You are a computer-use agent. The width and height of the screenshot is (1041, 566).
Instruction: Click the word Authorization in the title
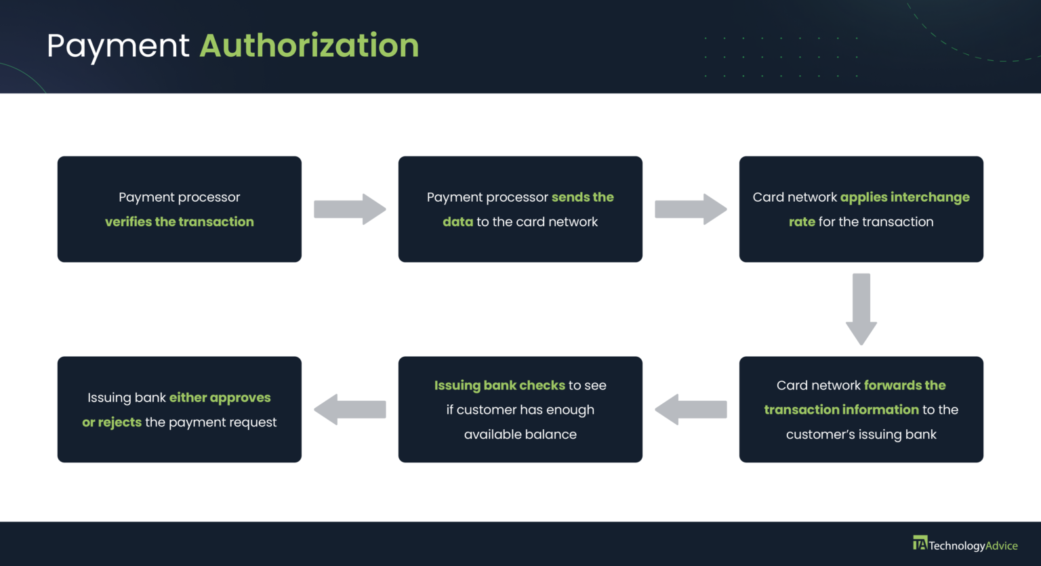coord(309,46)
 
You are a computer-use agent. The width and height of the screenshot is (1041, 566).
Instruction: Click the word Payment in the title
coord(118,46)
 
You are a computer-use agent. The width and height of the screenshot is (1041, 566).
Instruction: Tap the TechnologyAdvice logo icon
coord(920,543)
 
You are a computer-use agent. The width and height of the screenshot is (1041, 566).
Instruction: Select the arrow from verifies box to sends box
coord(350,209)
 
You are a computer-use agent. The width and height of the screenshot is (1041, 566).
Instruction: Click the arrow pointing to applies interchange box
coord(691,209)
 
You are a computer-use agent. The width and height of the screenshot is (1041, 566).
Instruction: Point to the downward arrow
coord(861,309)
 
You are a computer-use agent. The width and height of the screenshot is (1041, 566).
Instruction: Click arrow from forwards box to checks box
coord(691,410)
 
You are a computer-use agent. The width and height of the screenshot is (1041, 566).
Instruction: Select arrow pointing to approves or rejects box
coord(350,410)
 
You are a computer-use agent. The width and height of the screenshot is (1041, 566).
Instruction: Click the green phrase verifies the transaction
coord(180,221)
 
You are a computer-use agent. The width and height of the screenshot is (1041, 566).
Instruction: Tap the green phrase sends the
coord(582,197)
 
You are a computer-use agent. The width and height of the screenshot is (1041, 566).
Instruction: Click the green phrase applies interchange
coord(905,197)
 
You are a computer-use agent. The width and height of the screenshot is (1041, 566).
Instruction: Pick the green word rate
coord(802,221)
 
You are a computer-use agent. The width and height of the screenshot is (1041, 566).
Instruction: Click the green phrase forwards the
coord(904,385)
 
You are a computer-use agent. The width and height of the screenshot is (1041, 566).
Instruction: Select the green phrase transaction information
coord(841,410)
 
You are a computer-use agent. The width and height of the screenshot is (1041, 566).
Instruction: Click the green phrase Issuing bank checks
coord(499,385)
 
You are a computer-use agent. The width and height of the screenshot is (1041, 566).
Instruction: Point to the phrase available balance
coord(520,434)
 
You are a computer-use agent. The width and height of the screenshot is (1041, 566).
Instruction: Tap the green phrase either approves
coord(220,397)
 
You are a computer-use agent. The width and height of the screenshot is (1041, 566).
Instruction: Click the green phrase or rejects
coord(112,422)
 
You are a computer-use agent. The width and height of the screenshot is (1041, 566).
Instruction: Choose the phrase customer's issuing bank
coord(861,434)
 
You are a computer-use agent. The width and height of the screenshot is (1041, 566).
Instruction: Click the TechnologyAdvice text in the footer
coord(973,546)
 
